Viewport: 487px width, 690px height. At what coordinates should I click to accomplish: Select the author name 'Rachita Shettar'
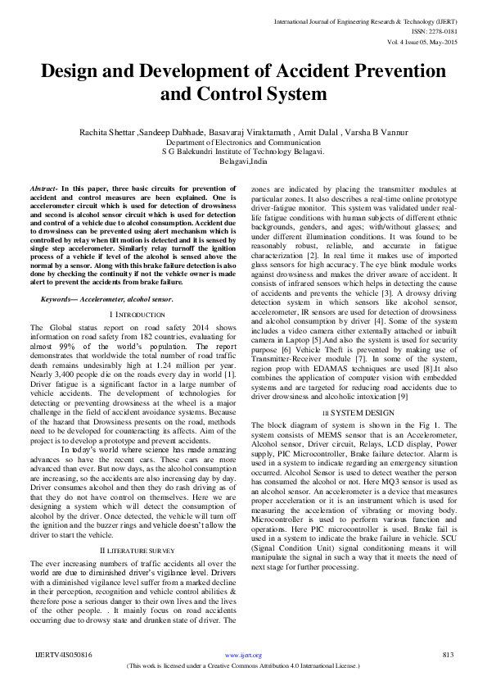[106, 132]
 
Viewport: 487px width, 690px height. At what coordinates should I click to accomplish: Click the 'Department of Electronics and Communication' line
[243, 142]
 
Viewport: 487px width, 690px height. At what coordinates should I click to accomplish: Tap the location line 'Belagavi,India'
[243, 161]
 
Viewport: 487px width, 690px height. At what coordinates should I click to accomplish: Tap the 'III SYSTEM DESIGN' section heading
[349, 412]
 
